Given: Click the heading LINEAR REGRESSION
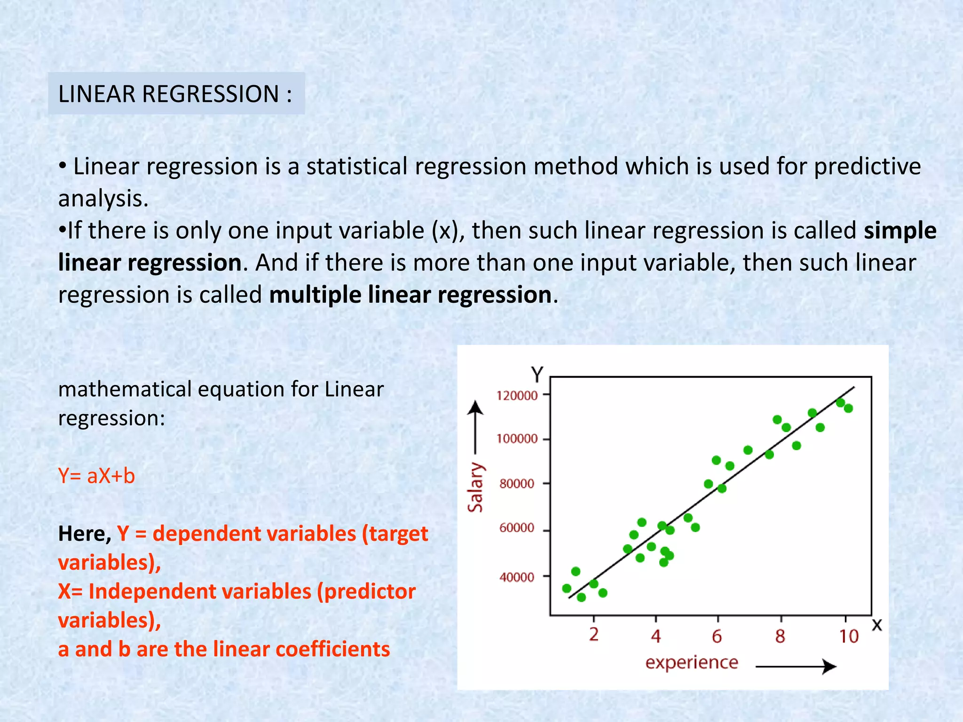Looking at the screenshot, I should coord(175,94).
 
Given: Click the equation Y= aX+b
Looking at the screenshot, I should coord(96,476).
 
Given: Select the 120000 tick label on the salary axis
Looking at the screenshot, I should coord(517,395).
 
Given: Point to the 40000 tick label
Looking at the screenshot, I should coord(517,577).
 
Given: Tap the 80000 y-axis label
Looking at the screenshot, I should coord(517,484).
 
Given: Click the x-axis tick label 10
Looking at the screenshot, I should coord(849,636).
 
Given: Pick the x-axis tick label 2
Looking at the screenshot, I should coord(594,635).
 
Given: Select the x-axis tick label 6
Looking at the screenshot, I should coord(717,636).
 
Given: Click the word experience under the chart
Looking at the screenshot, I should coord(692,662).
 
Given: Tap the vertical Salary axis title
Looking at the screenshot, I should coord(475,487).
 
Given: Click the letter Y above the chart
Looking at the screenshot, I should coord(537,375).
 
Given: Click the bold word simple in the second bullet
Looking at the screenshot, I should coord(900,230).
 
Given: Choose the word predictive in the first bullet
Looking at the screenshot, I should coord(867,166).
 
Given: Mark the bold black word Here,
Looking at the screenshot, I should coord(85,534).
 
